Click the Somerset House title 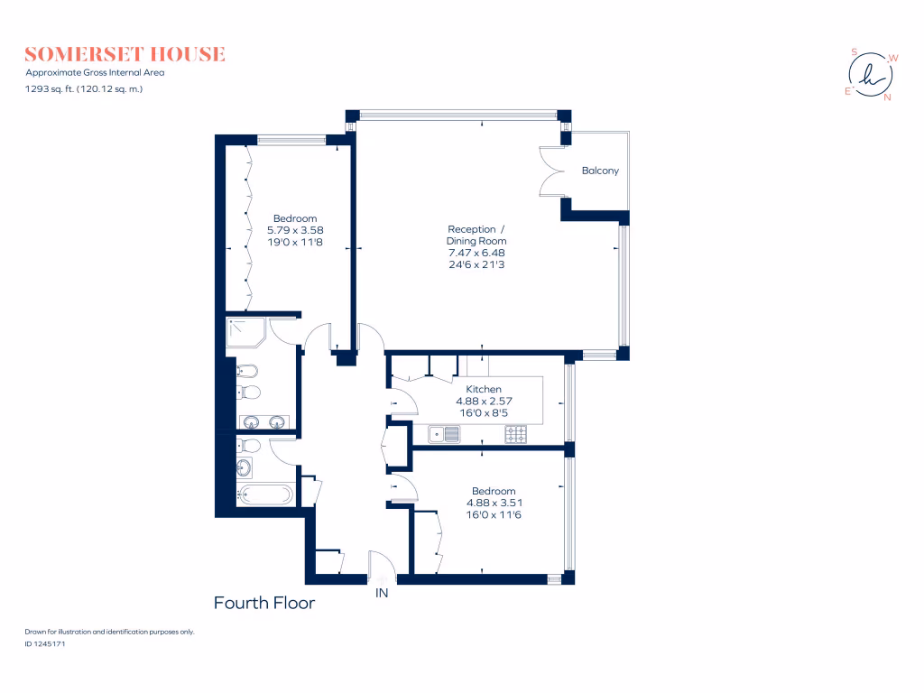[125, 54]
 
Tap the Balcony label [600, 171]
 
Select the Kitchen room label [477, 389]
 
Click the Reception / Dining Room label [476, 235]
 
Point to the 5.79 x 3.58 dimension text [295, 230]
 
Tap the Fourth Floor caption [263, 603]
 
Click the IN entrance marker [382, 594]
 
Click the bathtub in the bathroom [264, 494]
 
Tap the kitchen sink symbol [444, 435]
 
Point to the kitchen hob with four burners [516, 435]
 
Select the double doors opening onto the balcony [552, 171]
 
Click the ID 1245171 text [45, 644]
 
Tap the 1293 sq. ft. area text [84, 88]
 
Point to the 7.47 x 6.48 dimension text [476, 253]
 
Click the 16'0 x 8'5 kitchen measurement [477, 412]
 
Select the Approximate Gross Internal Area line [95, 72]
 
